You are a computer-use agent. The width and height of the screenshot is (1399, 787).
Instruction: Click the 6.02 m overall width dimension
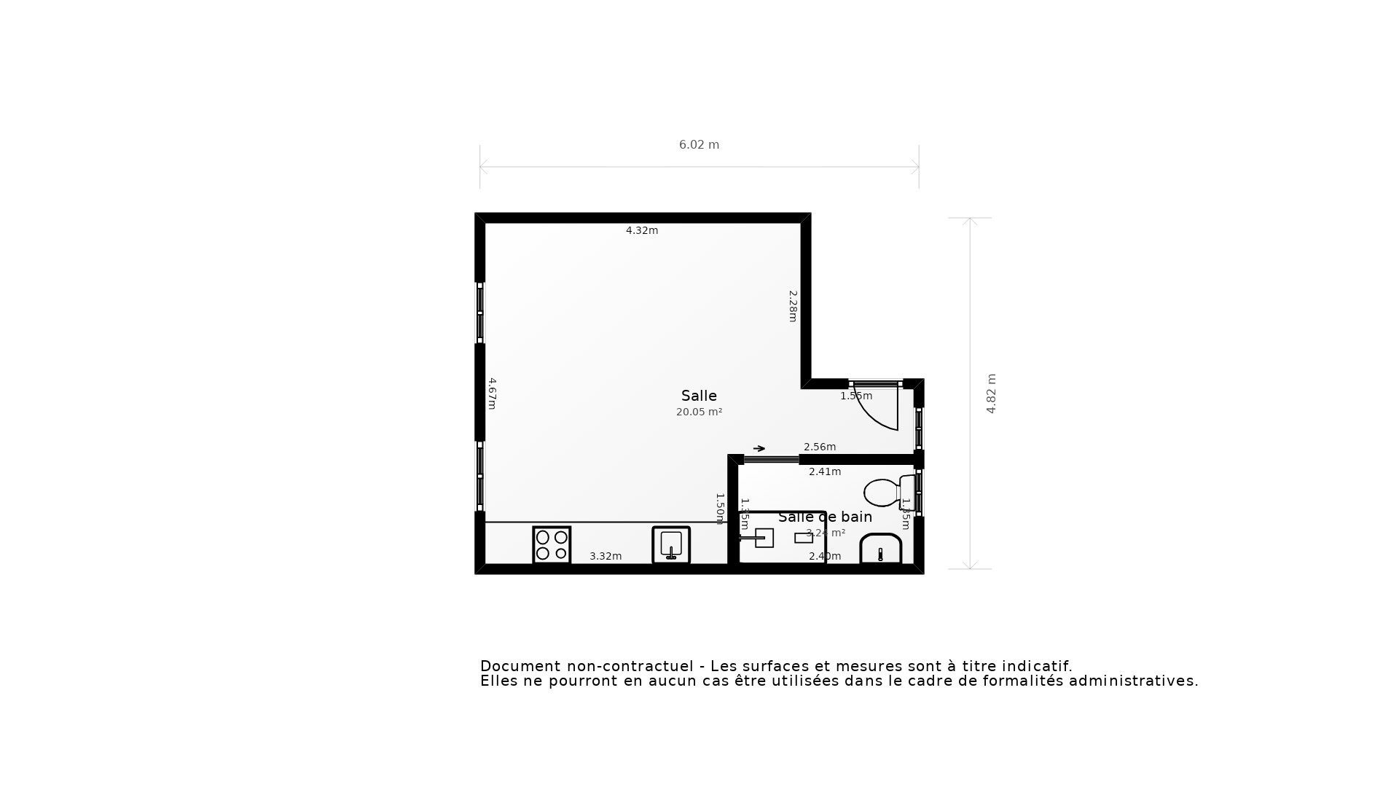[x=699, y=145]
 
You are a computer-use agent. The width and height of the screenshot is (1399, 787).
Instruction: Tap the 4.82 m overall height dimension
[x=991, y=393]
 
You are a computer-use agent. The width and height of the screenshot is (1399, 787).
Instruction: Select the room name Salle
[x=699, y=396]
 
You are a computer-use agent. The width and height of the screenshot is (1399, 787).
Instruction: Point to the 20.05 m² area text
[x=699, y=412]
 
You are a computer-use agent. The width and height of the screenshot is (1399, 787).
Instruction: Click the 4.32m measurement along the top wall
[x=642, y=230]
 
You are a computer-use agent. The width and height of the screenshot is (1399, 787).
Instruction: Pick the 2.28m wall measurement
[x=793, y=306]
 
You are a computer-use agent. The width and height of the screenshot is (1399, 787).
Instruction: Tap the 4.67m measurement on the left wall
[x=493, y=393]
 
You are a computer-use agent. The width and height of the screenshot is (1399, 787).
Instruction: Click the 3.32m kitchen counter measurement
[x=606, y=556]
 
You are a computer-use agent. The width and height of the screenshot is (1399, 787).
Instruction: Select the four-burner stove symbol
[x=552, y=545]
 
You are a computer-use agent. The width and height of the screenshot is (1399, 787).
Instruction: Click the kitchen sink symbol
[x=671, y=545]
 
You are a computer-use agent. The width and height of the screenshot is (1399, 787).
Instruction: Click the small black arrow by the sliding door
[x=759, y=448]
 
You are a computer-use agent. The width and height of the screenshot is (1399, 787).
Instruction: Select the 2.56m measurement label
[x=820, y=447]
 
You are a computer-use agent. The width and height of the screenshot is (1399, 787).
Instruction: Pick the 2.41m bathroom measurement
[x=825, y=471]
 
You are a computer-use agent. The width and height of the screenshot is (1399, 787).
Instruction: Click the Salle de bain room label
[x=825, y=517]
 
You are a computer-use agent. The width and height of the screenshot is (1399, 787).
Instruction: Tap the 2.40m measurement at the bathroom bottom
[x=825, y=556]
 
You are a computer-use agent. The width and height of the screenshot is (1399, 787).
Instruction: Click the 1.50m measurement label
[x=720, y=509]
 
